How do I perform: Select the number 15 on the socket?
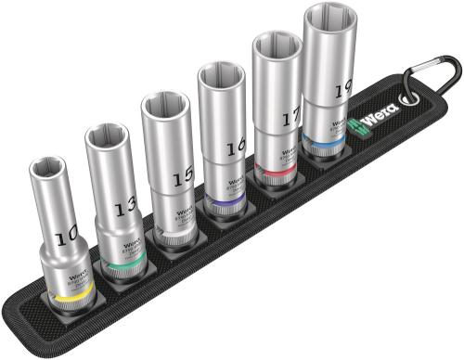point(184,174)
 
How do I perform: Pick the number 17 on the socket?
point(290,118)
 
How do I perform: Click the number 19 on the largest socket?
point(343,88)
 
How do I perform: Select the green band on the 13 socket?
point(126,266)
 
